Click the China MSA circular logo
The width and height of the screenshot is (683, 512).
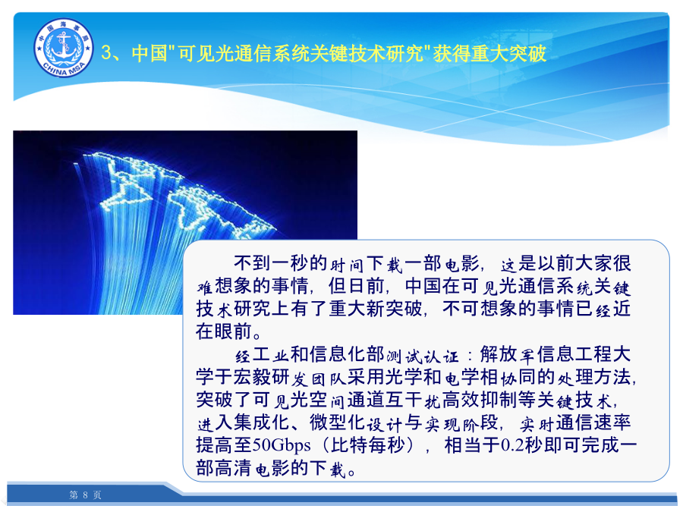64,48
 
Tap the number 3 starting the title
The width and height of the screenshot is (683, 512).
106,52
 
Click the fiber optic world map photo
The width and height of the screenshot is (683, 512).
185,222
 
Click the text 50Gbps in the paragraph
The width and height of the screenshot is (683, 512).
282,445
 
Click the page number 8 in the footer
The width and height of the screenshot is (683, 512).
85,495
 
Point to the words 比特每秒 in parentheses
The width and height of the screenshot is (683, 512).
368,445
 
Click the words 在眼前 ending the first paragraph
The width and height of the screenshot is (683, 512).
224,331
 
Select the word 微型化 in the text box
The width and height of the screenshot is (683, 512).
338,422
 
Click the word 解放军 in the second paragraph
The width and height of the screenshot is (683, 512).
508,354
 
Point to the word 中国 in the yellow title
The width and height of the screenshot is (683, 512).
150,53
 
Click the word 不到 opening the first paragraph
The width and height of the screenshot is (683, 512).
253,263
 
